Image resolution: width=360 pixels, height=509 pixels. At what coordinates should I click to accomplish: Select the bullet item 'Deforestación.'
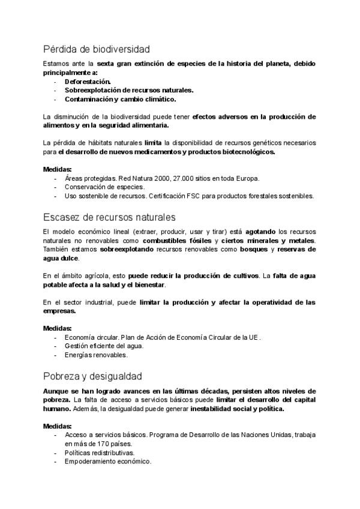(x=88, y=81)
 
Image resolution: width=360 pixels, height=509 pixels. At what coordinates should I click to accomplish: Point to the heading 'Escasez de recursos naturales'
(x=109, y=216)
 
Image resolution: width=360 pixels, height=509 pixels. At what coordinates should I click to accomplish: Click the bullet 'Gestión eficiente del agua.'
(x=96, y=346)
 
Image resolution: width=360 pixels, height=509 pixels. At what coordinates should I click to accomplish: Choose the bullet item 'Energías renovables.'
(x=96, y=355)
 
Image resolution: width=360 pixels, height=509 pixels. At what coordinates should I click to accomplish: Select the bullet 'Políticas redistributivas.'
(x=100, y=453)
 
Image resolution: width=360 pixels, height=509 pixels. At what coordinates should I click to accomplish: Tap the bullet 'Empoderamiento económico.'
(x=108, y=462)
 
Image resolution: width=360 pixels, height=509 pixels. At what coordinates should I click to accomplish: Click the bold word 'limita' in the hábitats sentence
(x=153, y=143)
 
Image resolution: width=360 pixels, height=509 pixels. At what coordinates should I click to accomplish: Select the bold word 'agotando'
(x=262, y=231)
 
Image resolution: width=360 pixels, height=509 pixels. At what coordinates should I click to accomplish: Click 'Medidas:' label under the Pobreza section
(x=58, y=426)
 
